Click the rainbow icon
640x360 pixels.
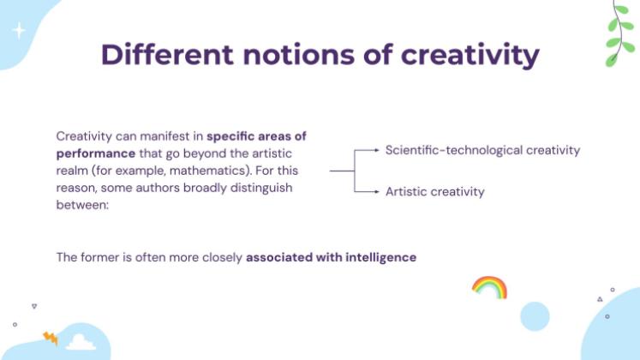tap(489, 286)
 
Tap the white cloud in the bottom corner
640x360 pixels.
tap(81, 342)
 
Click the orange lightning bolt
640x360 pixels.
tap(50, 338)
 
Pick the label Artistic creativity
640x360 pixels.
tap(434, 191)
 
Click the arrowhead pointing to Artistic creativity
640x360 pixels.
tap(377, 191)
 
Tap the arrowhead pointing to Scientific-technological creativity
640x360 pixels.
tap(377, 150)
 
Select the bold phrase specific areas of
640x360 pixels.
tap(257, 136)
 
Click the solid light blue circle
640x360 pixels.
tap(535, 316)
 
